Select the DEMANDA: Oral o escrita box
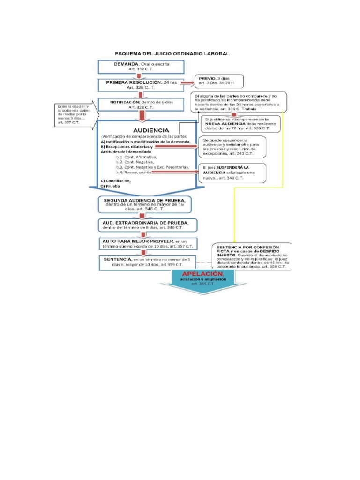[x=135, y=66]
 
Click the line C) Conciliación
[x=116, y=180]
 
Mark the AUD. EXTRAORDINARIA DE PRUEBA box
[x=146, y=225]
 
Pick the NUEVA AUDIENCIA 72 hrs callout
[x=240, y=123]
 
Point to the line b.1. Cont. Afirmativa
[x=137, y=157]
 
